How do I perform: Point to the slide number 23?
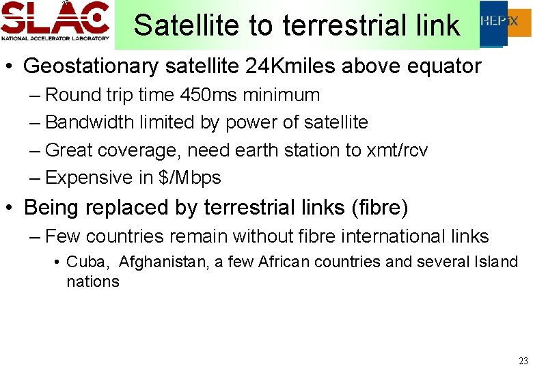coord(523,360)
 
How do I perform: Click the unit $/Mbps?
coord(190,178)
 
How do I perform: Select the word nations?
coord(93,282)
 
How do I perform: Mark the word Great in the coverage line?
coord(72,150)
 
